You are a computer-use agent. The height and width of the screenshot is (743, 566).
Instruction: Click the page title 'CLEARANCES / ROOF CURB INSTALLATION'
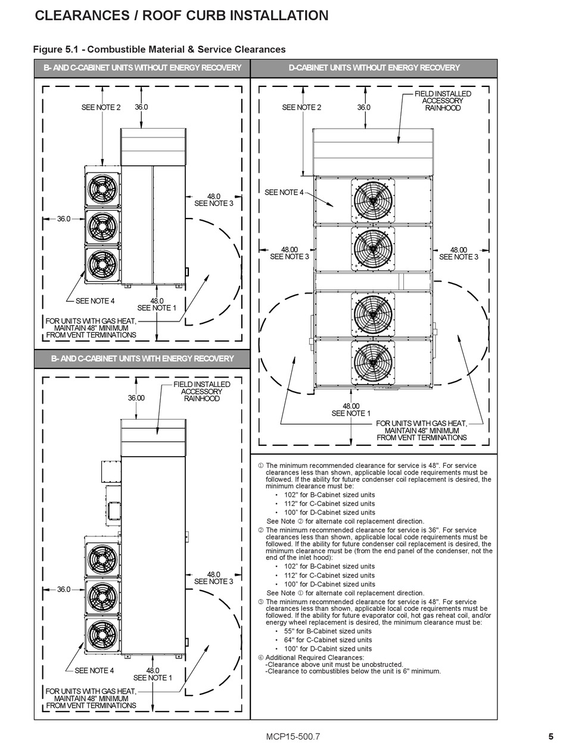pos(182,16)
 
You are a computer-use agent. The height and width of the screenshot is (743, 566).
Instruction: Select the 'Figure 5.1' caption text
pos(159,49)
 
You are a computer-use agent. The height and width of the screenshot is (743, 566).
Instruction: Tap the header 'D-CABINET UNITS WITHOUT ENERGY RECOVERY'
pos(374,68)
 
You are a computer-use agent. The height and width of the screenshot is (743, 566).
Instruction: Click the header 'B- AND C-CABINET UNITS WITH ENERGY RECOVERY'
pos(142,358)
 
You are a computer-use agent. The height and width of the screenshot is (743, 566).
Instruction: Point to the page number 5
pos(551,736)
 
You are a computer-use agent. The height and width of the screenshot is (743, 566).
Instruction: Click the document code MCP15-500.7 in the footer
pos(293,736)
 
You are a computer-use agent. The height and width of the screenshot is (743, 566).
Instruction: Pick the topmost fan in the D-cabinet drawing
pos(374,200)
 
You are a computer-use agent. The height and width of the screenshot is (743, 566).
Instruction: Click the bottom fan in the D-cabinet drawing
pos(374,363)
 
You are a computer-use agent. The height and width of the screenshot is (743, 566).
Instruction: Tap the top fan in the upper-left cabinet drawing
pos(103,189)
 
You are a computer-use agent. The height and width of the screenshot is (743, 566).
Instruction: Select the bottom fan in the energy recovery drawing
pos(103,636)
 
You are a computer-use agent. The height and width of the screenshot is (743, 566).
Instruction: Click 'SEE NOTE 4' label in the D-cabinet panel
pos(284,192)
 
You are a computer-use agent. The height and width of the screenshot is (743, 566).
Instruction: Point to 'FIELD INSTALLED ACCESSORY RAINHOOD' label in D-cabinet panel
pos(442,101)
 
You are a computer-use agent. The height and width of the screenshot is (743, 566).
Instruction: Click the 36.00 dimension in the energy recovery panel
pos(136,398)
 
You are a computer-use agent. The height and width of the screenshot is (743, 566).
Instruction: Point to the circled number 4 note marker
pos(260,658)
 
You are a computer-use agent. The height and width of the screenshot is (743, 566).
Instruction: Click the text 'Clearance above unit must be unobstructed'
pos(334,664)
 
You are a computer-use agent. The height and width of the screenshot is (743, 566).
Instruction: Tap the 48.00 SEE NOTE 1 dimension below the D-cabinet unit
pos(351,410)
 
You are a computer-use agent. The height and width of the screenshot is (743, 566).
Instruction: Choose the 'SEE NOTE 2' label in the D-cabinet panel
pos(301,107)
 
